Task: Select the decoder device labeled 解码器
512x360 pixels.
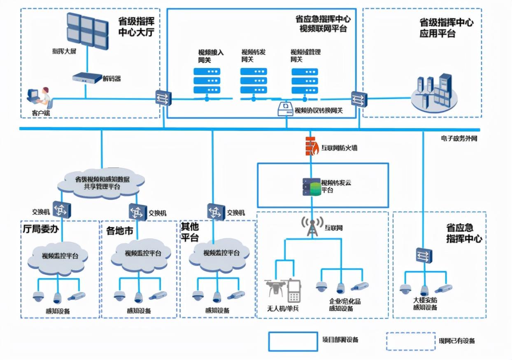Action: pyautogui.click(x=86, y=77)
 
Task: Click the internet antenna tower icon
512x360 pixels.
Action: pyautogui.click(x=312, y=227)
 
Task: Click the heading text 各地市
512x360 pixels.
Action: pyautogui.click(x=119, y=231)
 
